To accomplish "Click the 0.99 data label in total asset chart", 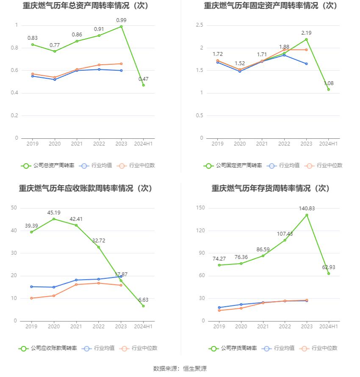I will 121,20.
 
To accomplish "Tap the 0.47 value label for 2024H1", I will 143,79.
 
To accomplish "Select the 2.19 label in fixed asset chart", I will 307,33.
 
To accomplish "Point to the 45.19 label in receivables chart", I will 54,212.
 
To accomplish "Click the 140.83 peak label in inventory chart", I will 307,208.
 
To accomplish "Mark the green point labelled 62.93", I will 329,273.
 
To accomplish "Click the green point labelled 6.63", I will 143,306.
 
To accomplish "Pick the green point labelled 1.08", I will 329,89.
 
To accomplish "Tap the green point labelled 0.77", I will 55,51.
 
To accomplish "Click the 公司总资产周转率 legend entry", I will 47,165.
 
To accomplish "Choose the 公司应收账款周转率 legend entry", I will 47,348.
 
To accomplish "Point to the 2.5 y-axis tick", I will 199,25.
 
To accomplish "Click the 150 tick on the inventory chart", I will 200,208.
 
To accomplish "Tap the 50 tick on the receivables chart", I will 14,208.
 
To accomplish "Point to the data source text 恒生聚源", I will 195,369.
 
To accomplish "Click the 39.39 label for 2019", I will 32,226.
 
